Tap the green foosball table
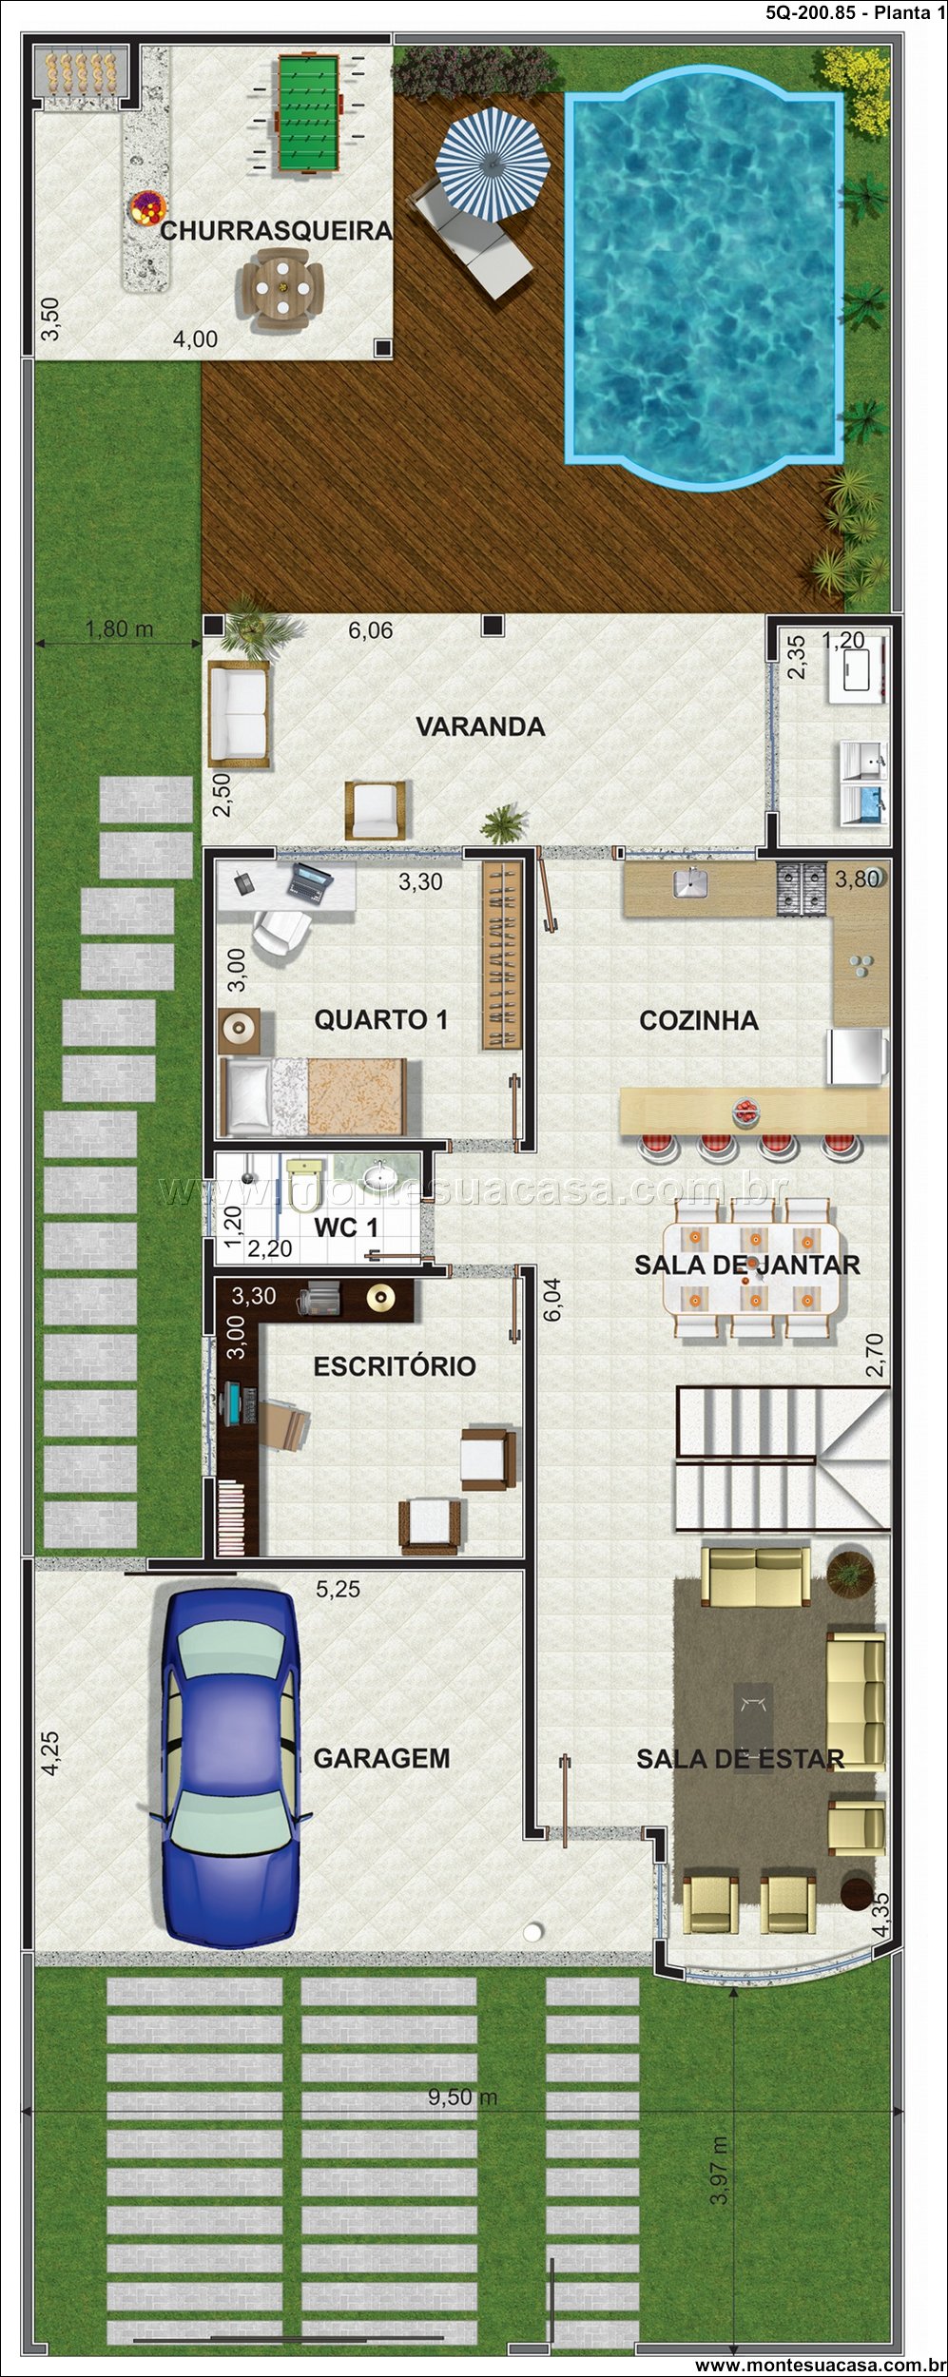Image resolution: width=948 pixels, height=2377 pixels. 308,114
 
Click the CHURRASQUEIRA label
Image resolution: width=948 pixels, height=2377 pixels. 276,230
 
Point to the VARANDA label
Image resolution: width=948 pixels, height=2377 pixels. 480,726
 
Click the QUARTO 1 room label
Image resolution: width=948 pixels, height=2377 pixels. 381,1020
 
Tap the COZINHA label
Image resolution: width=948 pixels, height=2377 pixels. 699,1020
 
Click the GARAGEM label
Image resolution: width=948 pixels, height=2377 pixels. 381,1758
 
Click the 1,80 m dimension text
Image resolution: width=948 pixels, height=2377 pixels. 119,628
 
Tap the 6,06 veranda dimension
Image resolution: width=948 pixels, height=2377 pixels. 370,630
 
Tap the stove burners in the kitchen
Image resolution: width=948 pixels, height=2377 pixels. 803,888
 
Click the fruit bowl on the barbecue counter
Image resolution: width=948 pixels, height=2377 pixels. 148,207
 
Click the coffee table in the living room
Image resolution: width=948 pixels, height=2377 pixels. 753,1713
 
